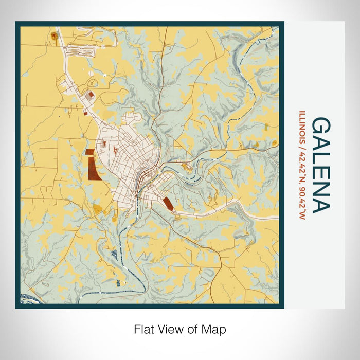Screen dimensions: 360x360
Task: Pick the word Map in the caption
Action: click(215, 329)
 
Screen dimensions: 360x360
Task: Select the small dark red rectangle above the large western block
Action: click(90, 152)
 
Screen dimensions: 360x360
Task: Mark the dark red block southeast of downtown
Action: click(168, 203)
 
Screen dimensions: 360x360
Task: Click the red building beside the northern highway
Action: click(91, 95)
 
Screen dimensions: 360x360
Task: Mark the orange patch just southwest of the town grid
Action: click(98, 208)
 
